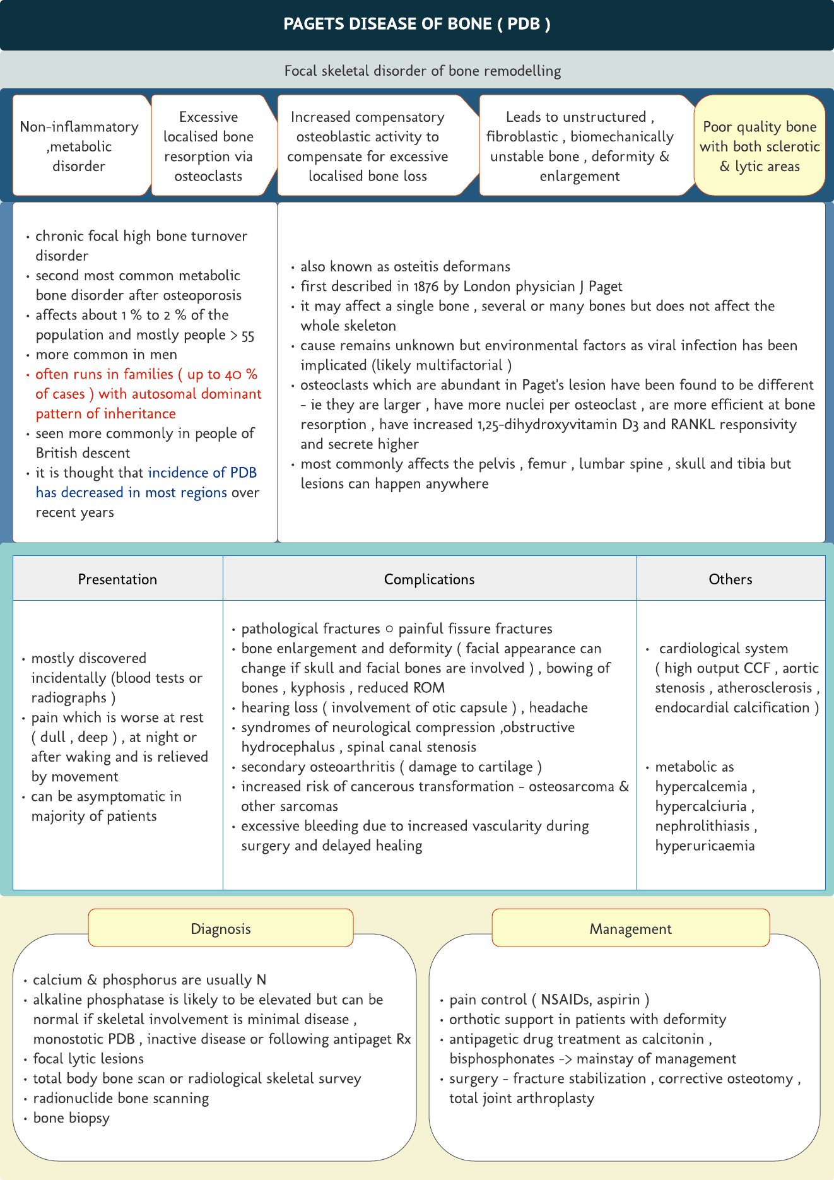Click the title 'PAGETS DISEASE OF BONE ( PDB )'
(x=416, y=24)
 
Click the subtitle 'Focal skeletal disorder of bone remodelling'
(x=422, y=71)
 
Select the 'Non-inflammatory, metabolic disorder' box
(x=79, y=146)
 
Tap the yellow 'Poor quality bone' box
(x=760, y=146)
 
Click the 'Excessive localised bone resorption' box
(x=208, y=146)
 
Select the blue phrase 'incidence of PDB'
(x=202, y=473)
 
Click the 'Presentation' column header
(x=117, y=579)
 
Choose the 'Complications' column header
(x=429, y=579)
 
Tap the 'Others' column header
(x=730, y=579)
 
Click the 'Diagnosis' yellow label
(x=221, y=929)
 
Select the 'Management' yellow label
(x=630, y=929)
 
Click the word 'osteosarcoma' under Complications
(x=571, y=786)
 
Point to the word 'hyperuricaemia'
(x=705, y=846)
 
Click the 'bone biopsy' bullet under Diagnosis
(x=71, y=1118)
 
